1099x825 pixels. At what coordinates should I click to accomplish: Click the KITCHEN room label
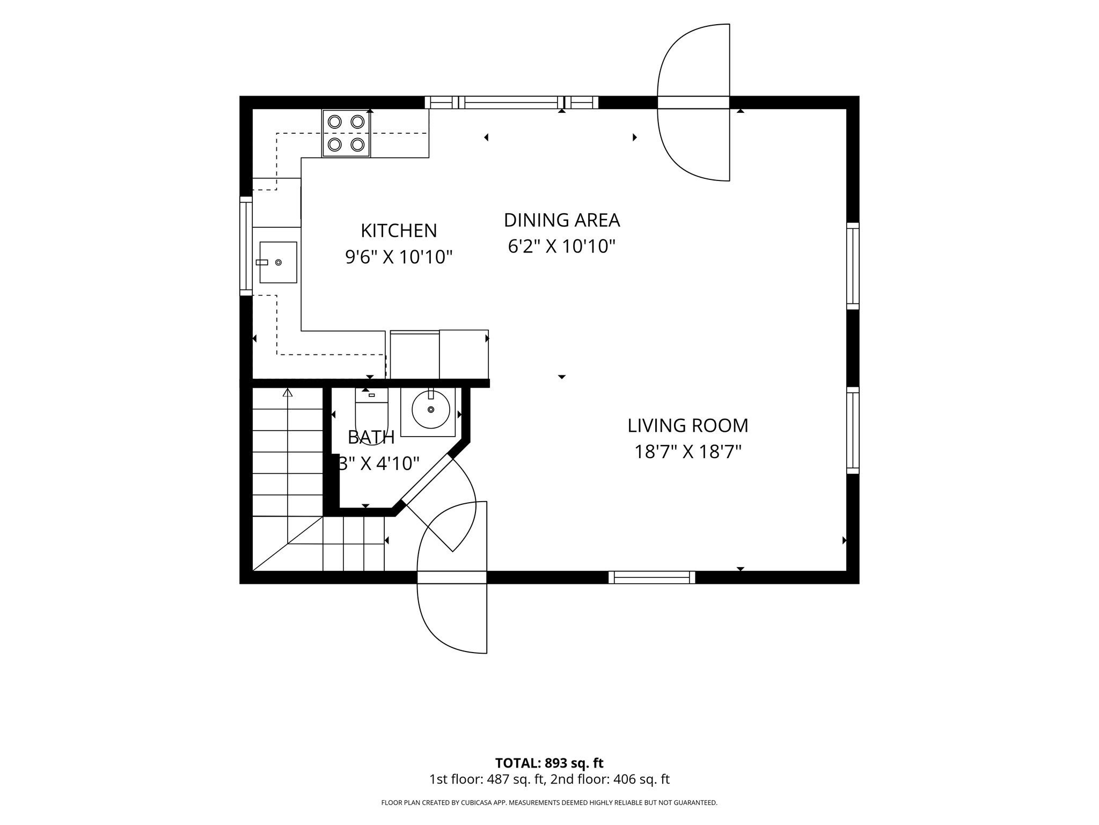[x=399, y=230]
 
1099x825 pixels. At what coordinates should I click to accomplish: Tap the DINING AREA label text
[x=562, y=220]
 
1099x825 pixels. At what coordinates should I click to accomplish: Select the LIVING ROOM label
[x=688, y=425]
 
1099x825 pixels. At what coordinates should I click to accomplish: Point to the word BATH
[x=371, y=437]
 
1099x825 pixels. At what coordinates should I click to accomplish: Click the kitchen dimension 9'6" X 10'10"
[x=399, y=257]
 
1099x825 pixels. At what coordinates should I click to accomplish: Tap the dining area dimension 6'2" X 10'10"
[x=562, y=247]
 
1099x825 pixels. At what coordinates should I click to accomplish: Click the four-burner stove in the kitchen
[x=346, y=133]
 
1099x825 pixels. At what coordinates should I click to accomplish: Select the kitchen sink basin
[x=278, y=262]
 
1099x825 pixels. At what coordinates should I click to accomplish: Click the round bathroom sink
[x=431, y=409]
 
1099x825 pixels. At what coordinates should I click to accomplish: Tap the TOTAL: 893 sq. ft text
[x=549, y=763]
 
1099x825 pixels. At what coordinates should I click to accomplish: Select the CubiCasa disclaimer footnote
[x=549, y=803]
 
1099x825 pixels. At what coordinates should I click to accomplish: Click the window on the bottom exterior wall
[x=652, y=577]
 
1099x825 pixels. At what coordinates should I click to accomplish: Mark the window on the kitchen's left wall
[x=246, y=246]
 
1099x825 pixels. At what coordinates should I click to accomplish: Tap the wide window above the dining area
[x=511, y=103]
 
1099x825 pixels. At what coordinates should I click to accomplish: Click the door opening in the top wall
[x=693, y=103]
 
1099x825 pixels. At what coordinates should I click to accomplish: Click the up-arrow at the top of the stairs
[x=288, y=393]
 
